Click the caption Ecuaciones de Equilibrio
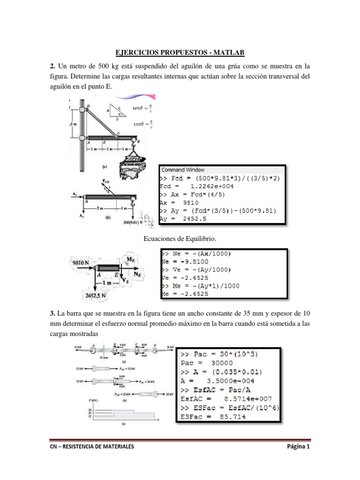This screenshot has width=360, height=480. [180, 239]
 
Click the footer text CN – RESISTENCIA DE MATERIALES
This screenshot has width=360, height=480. [92, 447]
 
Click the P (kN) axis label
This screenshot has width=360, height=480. [80, 401]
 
